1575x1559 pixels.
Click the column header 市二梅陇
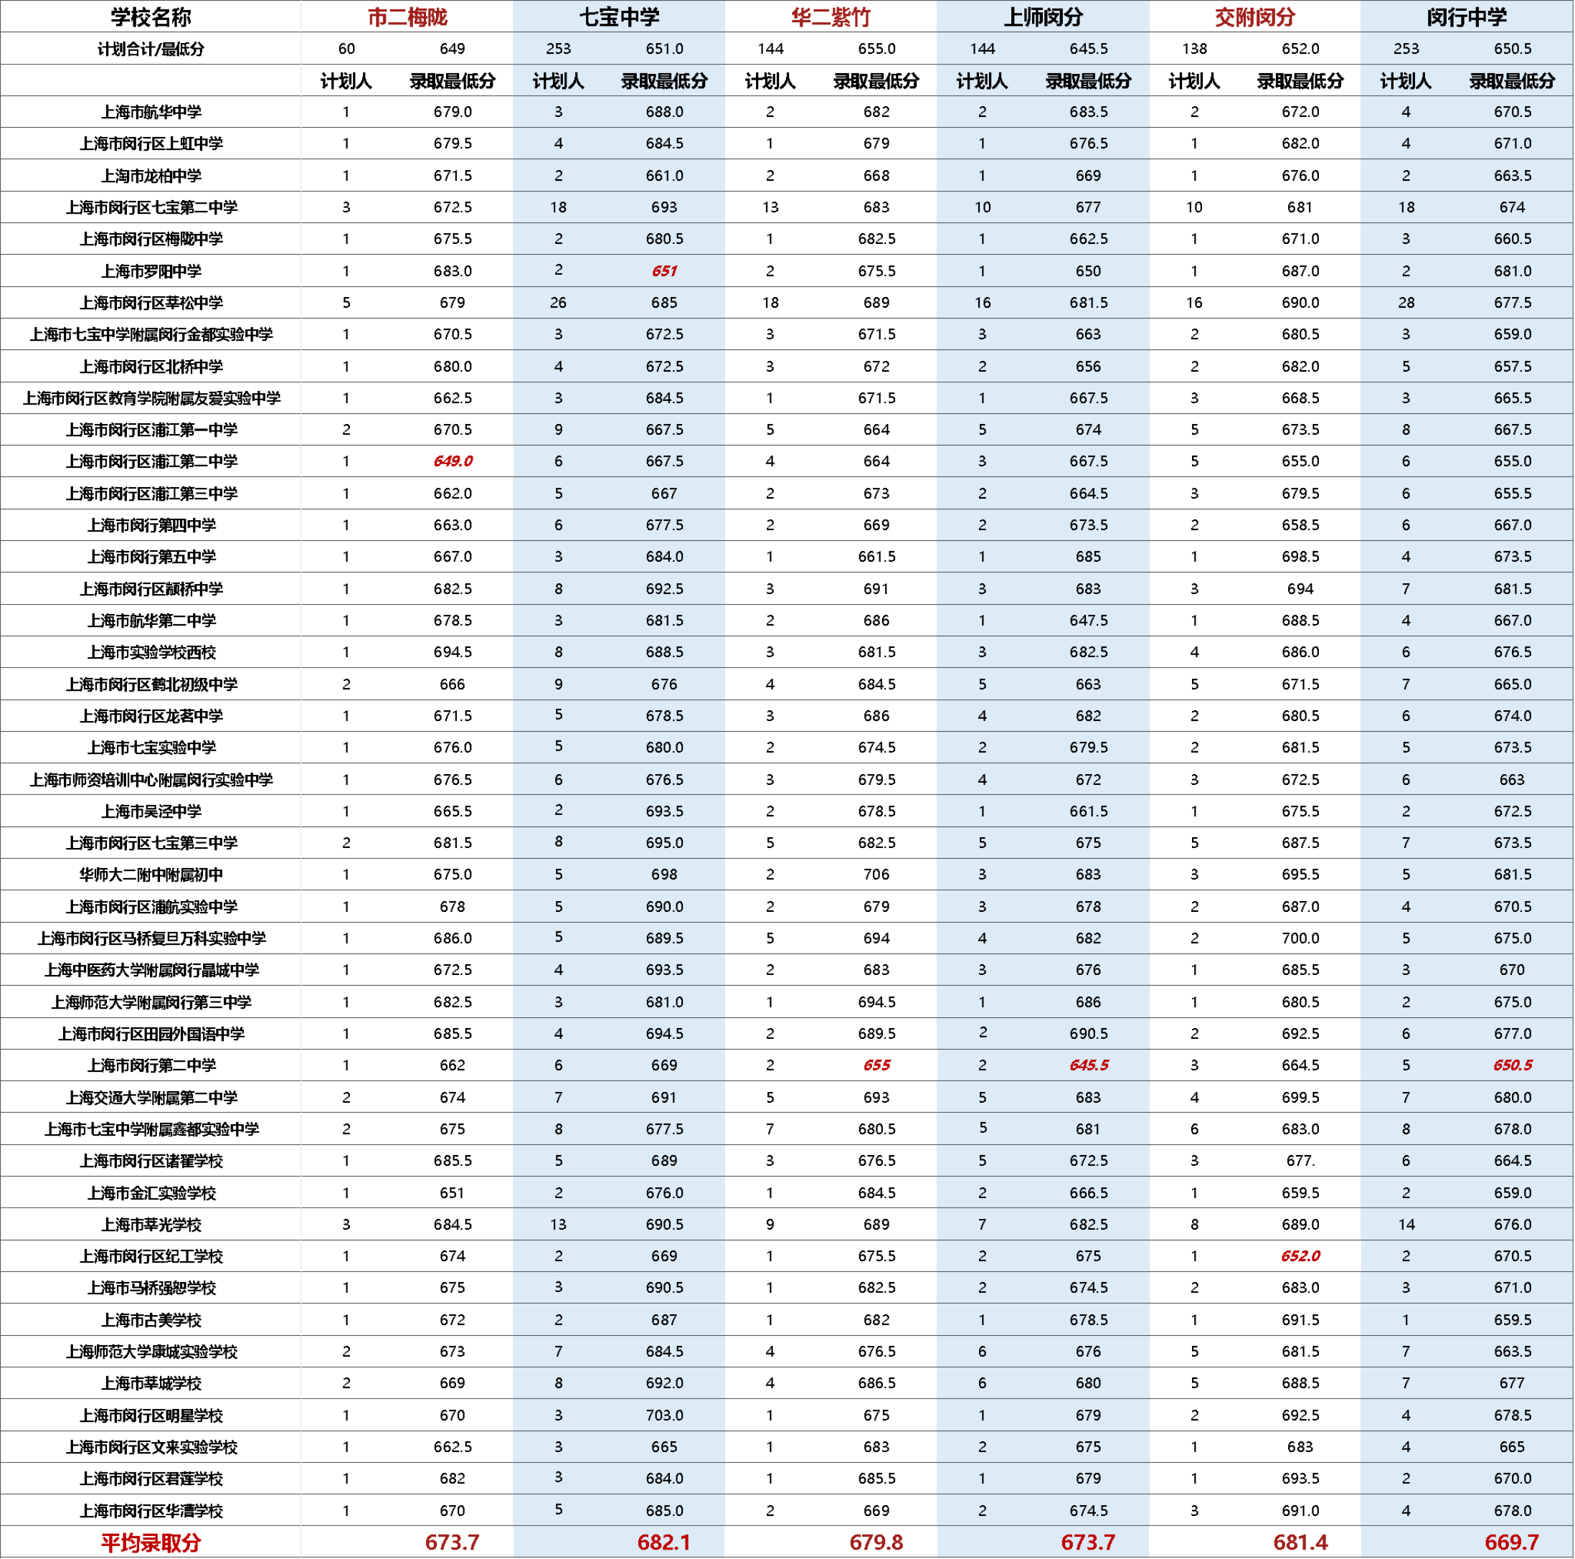click(407, 17)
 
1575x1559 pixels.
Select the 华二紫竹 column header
click(831, 17)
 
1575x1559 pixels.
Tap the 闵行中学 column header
click(1467, 17)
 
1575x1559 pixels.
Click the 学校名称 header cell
click(151, 17)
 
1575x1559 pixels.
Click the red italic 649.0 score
click(453, 461)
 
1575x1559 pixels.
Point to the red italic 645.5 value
click(1088, 1065)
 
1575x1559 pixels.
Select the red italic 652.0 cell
click(1300, 1256)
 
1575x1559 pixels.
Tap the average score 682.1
click(663, 1542)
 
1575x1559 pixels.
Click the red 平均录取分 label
click(151, 1542)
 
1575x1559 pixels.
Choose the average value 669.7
click(1511, 1542)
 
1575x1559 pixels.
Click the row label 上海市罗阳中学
click(151, 270)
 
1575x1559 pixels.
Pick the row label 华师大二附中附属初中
click(151, 875)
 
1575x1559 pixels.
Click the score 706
click(876, 875)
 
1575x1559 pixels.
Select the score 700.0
click(1300, 938)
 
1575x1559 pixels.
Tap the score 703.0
click(663, 1416)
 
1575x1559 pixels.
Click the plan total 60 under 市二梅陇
click(346, 49)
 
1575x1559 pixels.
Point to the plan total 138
click(1194, 49)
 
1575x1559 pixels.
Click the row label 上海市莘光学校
click(151, 1225)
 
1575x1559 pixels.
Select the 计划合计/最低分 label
click(151, 49)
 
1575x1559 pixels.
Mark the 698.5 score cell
click(1300, 557)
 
